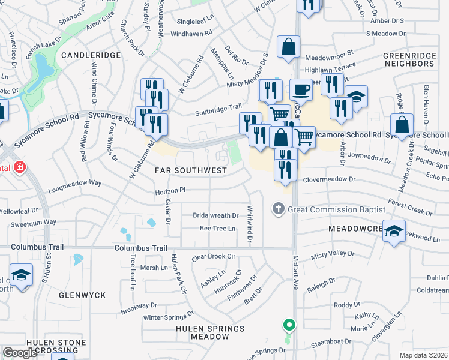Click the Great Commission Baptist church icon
click(x=278, y=209)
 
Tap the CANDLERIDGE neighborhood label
click(x=91, y=55)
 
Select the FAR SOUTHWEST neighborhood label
click(x=191, y=170)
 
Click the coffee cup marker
click(x=301, y=90)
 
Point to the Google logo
click(x=20, y=353)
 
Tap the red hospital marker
click(x=19, y=166)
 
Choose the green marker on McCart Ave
click(x=289, y=326)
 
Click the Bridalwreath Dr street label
click(x=215, y=215)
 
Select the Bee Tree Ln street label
click(x=217, y=229)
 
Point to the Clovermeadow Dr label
click(x=330, y=179)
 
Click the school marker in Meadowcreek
click(x=393, y=233)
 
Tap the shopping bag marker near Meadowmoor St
click(x=289, y=47)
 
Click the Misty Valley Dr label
click(x=333, y=254)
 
